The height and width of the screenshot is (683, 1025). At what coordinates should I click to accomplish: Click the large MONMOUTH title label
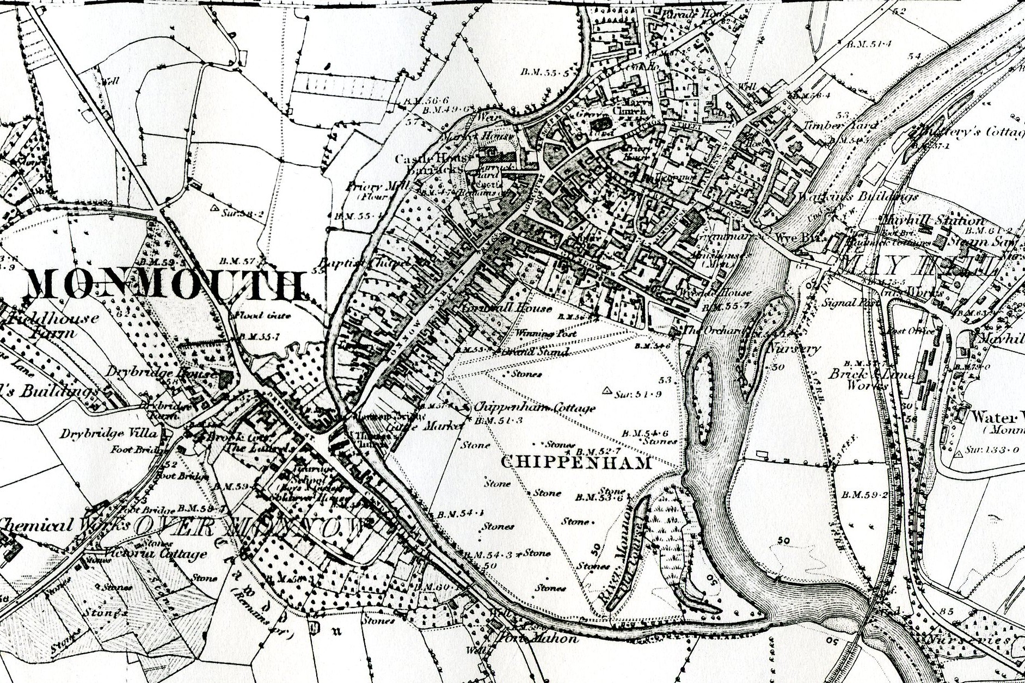click(x=163, y=285)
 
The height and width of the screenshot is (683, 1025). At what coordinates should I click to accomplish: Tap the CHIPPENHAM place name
click(x=575, y=464)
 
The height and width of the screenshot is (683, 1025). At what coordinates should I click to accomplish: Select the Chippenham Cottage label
click(x=535, y=408)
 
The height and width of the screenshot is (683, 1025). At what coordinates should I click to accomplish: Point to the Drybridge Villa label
click(x=109, y=434)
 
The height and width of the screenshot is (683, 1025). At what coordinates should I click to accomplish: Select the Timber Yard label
click(x=840, y=125)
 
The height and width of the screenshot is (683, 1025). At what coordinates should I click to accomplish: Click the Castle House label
click(x=432, y=159)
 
